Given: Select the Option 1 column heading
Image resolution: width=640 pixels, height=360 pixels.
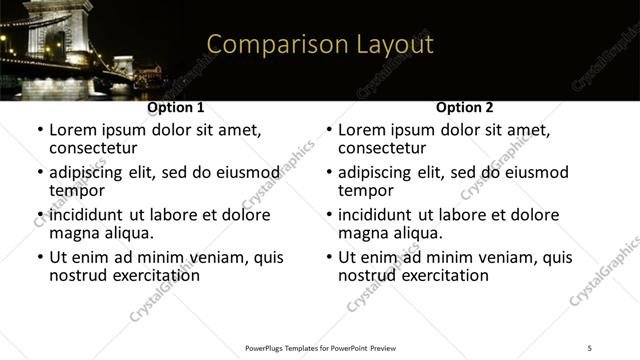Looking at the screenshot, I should pos(176,108).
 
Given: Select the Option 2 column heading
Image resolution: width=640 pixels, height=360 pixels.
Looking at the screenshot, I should pos(465,108).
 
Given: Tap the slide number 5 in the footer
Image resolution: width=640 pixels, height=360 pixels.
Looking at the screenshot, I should pos(590,347).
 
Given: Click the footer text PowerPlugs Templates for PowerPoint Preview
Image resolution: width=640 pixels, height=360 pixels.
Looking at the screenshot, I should pos(320,347).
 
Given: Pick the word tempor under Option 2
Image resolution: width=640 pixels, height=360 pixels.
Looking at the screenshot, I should pos(365,190).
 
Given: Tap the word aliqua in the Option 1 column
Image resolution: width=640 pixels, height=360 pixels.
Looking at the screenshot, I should pos(129,233).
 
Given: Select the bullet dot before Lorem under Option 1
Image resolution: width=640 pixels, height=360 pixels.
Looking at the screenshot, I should pos(40,130).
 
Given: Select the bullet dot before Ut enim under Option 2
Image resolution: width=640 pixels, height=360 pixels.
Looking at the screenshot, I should pos(329,257).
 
